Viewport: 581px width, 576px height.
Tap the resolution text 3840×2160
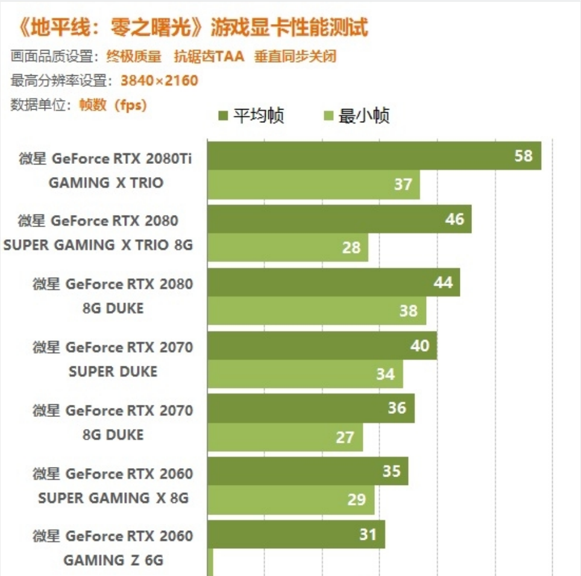159,81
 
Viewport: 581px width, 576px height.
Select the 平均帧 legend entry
251,116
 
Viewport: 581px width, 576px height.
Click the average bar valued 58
374,155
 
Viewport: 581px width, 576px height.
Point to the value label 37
403,184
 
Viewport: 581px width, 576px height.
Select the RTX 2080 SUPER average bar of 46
339,219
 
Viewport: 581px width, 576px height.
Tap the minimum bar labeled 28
287,248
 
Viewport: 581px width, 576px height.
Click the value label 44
443,282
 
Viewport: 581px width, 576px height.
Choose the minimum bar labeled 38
316,311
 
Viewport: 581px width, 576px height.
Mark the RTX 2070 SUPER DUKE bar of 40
322,345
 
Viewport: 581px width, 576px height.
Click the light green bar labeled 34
305,374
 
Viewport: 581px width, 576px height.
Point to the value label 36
397,408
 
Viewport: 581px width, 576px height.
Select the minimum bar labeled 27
285,437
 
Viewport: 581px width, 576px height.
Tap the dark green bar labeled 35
307,471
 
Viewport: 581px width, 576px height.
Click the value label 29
357,499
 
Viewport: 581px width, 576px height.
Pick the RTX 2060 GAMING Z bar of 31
296,534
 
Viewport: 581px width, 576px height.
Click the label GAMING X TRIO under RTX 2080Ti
105,183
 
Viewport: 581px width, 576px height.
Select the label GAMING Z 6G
113,560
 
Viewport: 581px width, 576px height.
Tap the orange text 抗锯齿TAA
209,57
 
